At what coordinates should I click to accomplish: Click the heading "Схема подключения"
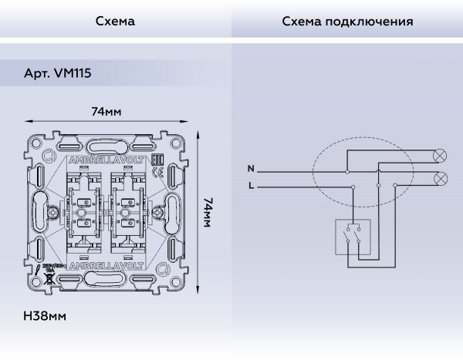point(347,22)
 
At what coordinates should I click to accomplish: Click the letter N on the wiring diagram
point(250,168)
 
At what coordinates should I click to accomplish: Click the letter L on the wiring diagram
point(250,186)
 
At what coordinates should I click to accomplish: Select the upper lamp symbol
point(441,155)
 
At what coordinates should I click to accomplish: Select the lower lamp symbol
point(441,179)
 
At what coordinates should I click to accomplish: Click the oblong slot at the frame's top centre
point(107,144)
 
